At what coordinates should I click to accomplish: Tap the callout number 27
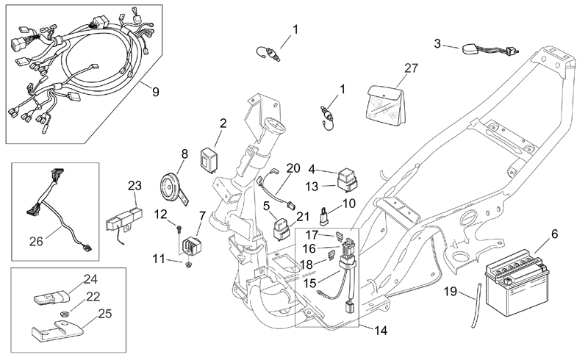411,68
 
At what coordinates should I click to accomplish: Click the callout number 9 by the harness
155,92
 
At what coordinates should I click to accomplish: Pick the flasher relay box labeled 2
209,159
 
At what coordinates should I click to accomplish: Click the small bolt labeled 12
179,228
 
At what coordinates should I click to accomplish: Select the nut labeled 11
189,265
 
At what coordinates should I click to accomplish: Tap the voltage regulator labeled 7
192,245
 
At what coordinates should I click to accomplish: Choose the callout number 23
135,185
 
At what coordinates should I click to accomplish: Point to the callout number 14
380,331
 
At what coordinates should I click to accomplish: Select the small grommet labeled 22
65,313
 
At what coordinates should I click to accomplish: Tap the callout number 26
36,242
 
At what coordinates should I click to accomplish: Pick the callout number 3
437,43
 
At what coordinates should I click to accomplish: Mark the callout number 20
293,168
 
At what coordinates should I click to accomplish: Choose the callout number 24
90,279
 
